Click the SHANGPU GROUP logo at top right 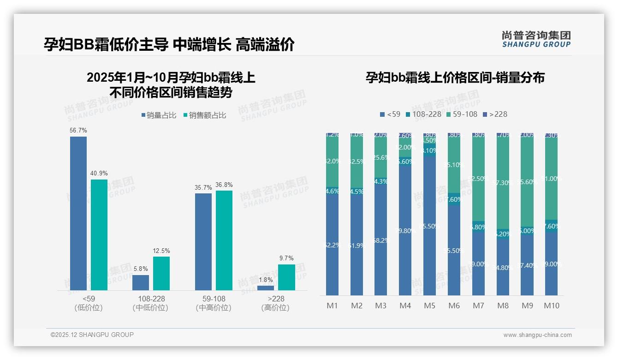tap(536, 39)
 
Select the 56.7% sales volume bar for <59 tap(78, 213)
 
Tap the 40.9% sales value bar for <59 tap(99, 234)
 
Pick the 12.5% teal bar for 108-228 tap(161, 273)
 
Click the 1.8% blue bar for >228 tap(266, 288)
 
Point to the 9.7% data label tap(286, 258)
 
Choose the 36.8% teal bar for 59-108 tap(224, 240)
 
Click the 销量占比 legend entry tap(159, 115)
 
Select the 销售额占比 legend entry tap(205, 115)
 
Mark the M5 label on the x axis tap(429, 306)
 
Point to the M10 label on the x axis tap(552, 306)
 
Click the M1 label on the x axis tap(332, 306)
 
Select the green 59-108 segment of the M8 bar tap(503, 182)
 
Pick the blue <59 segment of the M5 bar tap(429, 226)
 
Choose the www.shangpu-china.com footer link tap(537, 335)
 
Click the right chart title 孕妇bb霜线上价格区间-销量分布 tap(455, 78)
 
